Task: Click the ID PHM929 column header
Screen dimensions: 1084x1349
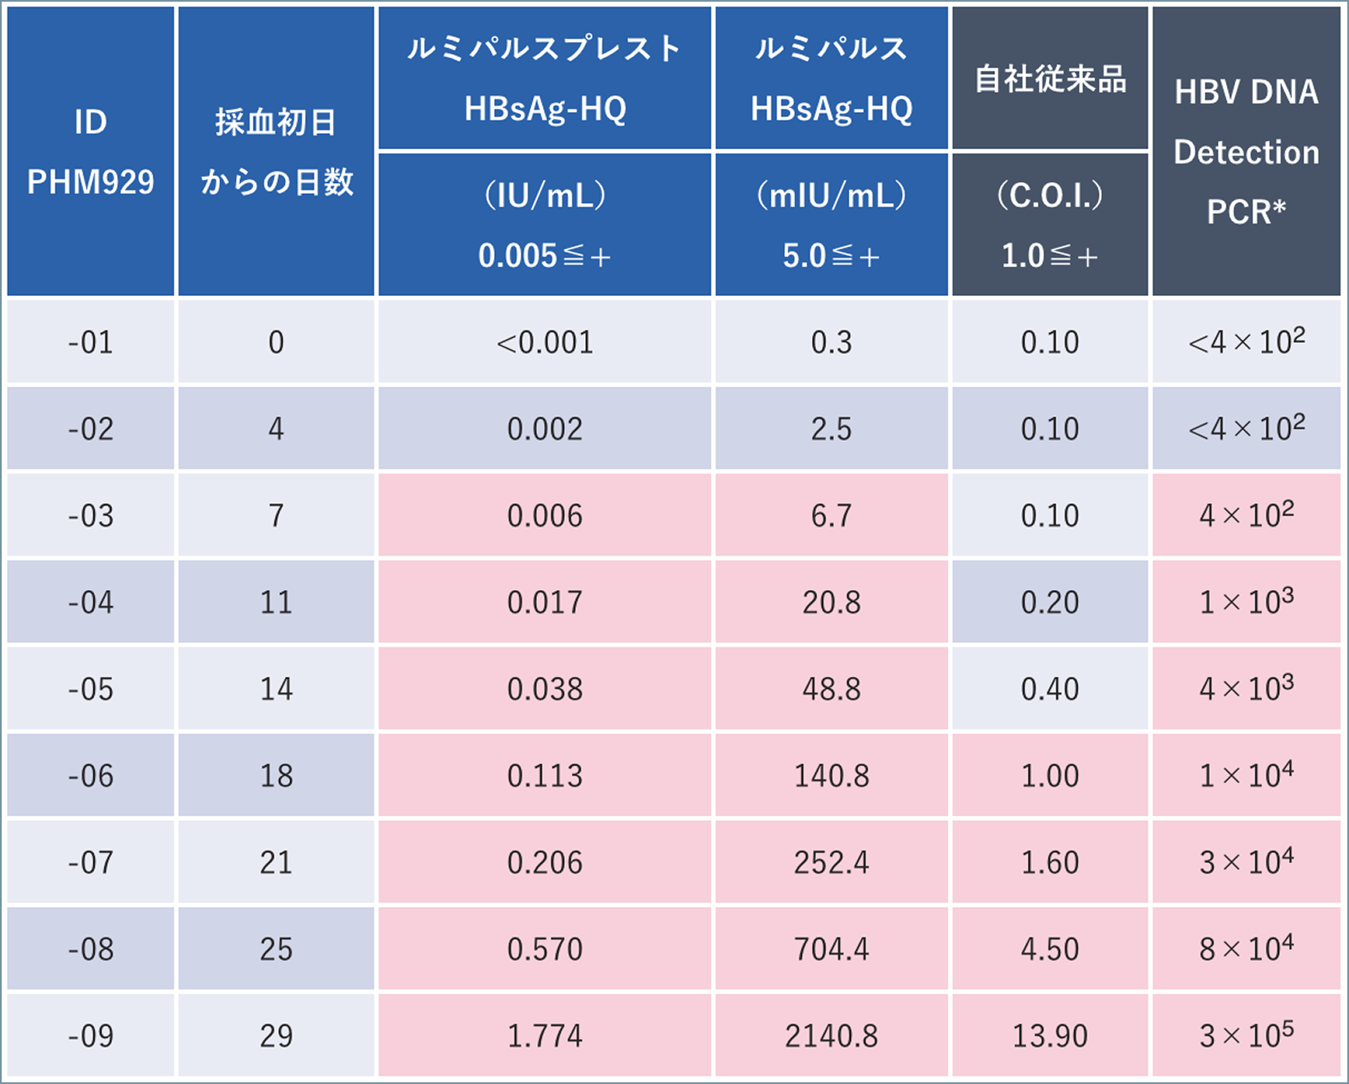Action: (90, 152)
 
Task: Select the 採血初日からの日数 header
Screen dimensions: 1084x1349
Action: (276, 152)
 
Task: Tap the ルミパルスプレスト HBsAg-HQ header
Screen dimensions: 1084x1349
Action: (545, 78)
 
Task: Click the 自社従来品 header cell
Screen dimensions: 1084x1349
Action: (1050, 78)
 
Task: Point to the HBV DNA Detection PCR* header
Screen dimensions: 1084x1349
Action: (1246, 152)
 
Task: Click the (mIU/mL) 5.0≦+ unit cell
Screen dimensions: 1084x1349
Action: (831, 225)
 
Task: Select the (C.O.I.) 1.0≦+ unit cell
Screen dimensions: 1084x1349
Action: (1050, 225)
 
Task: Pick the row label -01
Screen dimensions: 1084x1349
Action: (90, 342)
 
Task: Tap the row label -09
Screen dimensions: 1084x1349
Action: (90, 1036)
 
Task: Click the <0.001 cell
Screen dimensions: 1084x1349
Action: (545, 342)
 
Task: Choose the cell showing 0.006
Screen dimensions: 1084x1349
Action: (545, 516)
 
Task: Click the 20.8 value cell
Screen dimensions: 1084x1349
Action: (831, 603)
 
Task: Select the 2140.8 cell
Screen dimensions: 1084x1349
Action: (831, 1036)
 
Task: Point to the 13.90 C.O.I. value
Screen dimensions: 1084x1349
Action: (1050, 1036)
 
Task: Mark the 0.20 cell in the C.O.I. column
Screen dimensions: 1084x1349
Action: (1050, 603)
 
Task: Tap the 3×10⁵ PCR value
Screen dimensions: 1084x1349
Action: (1246, 1036)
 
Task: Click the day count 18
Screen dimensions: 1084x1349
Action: (276, 776)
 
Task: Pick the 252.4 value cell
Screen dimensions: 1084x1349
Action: (831, 863)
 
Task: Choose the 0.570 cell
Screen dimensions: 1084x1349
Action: (545, 950)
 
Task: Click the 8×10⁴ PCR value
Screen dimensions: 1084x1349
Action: (1246, 950)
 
